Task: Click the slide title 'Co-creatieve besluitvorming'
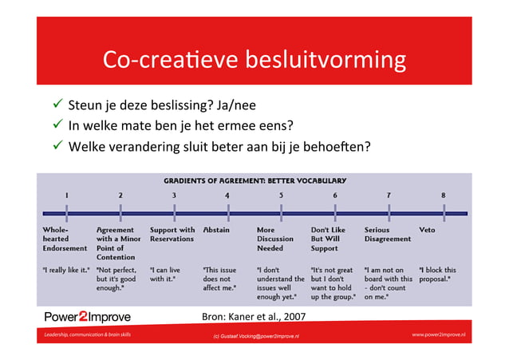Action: pyautogui.click(x=254, y=61)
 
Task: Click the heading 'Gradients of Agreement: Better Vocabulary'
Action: pyautogui.click(x=254, y=180)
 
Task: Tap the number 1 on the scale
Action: pyautogui.click(x=67, y=195)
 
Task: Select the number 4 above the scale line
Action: pyautogui.click(x=227, y=195)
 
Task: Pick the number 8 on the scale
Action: pyautogui.click(x=443, y=195)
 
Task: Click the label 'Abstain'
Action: pyautogui.click(x=216, y=230)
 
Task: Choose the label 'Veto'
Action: pyautogui.click(x=427, y=230)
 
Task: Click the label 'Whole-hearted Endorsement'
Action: pyautogui.click(x=65, y=239)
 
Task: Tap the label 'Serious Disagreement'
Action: pyautogui.click(x=387, y=234)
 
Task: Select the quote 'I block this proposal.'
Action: pyautogui.click(x=438, y=274)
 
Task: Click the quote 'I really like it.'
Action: pyautogui.click(x=65, y=270)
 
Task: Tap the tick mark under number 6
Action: pyautogui.click(x=335, y=213)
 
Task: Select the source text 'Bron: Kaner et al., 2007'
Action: pyautogui.click(x=254, y=316)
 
